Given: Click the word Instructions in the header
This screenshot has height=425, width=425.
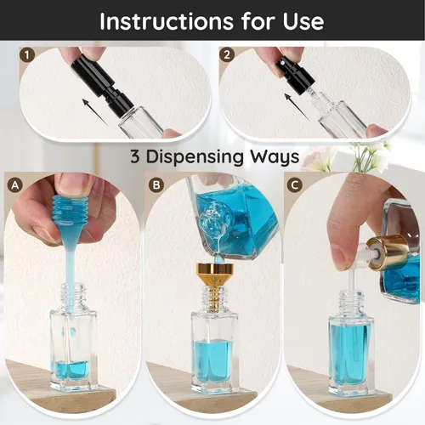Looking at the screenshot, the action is coord(167,21).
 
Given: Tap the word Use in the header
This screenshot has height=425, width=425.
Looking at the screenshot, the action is coord(303,21).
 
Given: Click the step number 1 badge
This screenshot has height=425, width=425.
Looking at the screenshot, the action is coord(27,55).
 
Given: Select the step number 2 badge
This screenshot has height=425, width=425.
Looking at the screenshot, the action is coord(227,54).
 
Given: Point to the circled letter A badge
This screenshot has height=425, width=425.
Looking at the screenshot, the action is coord(14,185).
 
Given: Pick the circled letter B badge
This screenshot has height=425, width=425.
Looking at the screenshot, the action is coord(156,185).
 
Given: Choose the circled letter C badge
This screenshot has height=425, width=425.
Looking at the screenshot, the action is coord(294,185).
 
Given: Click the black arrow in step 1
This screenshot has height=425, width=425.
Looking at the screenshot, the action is coord(95,111).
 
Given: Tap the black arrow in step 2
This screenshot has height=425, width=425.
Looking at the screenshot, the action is coord(297,107).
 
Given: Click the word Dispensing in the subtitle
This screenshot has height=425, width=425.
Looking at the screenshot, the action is coord(195,156).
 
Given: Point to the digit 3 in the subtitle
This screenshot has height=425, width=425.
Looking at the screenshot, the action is coord(135,156).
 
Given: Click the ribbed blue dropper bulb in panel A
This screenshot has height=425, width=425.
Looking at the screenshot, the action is coord(71,211).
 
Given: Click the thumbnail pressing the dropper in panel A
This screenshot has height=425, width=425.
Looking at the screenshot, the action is coord(74,184).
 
